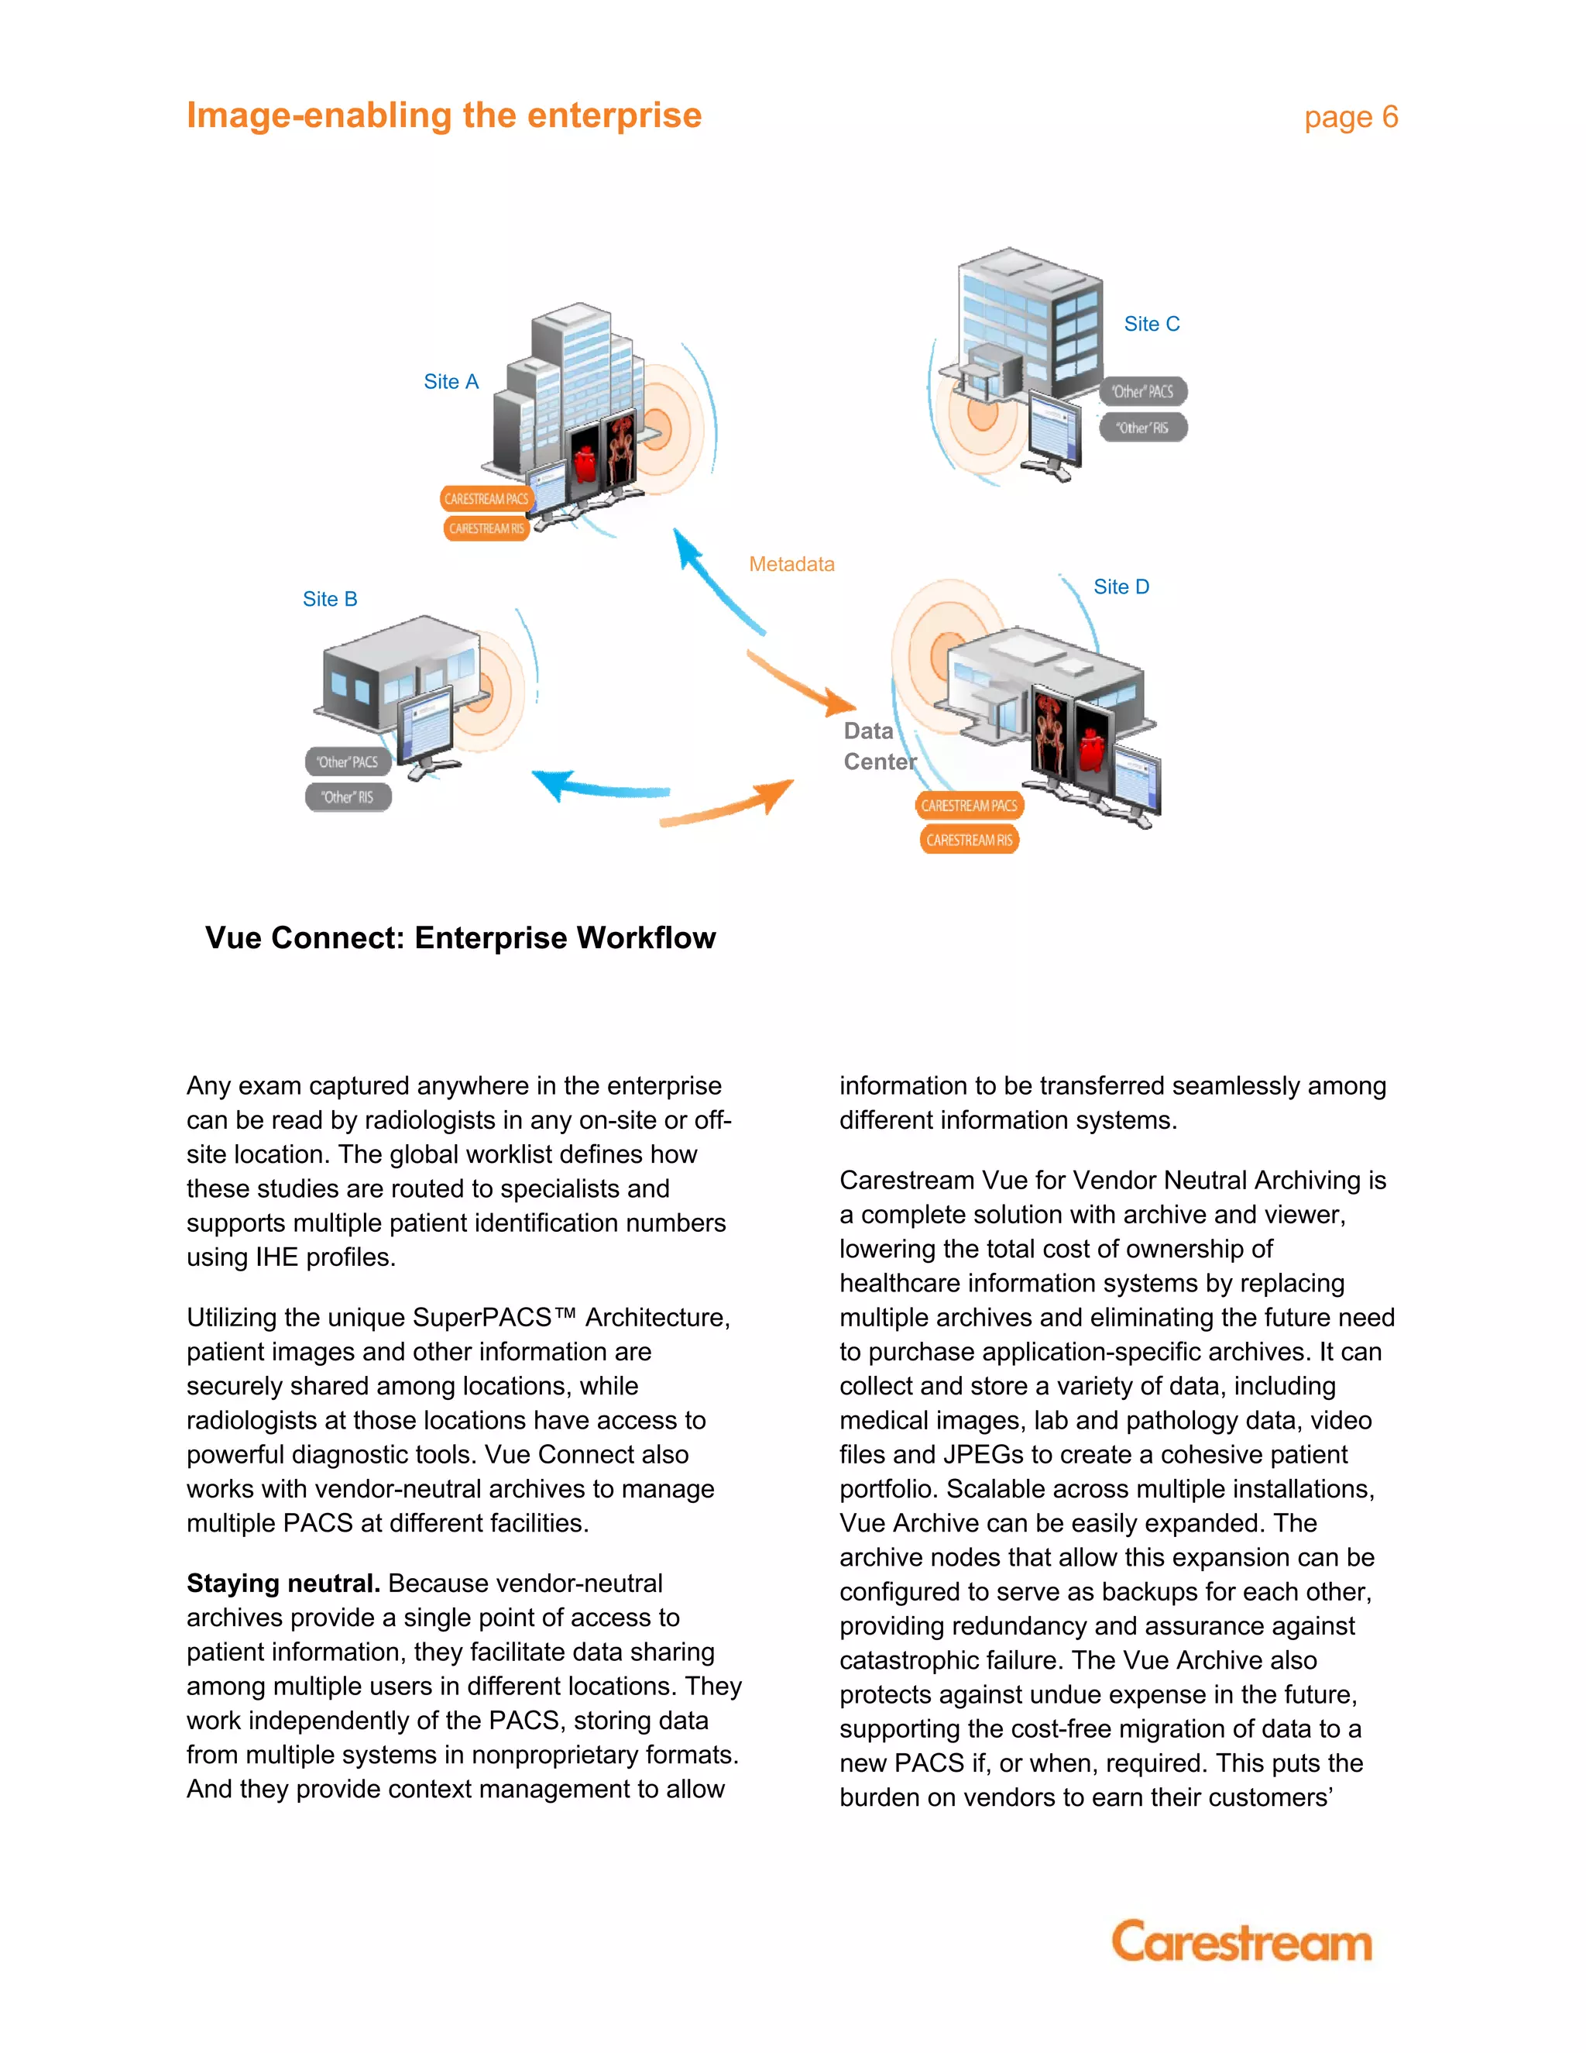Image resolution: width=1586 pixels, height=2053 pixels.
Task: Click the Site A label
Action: tap(451, 382)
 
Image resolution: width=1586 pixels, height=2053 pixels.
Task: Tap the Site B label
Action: tap(330, 599)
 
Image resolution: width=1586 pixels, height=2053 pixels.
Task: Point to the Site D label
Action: tap(1121, 586)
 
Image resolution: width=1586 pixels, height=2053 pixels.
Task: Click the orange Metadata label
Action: tap(791, 564)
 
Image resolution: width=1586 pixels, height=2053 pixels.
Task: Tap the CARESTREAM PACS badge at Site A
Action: tap(486, 499)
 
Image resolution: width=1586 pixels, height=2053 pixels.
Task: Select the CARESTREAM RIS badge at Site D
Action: tap(969, 841)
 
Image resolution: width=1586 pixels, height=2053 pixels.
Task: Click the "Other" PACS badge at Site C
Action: tap(1142, 392)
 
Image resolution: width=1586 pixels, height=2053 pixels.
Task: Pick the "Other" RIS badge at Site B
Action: tap(348, 797)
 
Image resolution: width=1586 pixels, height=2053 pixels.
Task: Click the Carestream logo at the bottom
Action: tap(1241, 1941)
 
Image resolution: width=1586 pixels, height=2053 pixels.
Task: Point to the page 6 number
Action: tap(1350, 118)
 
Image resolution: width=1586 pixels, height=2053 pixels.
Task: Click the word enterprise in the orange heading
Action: tap(613, 115)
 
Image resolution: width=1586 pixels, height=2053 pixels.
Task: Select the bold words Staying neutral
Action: tap(283, 1583)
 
